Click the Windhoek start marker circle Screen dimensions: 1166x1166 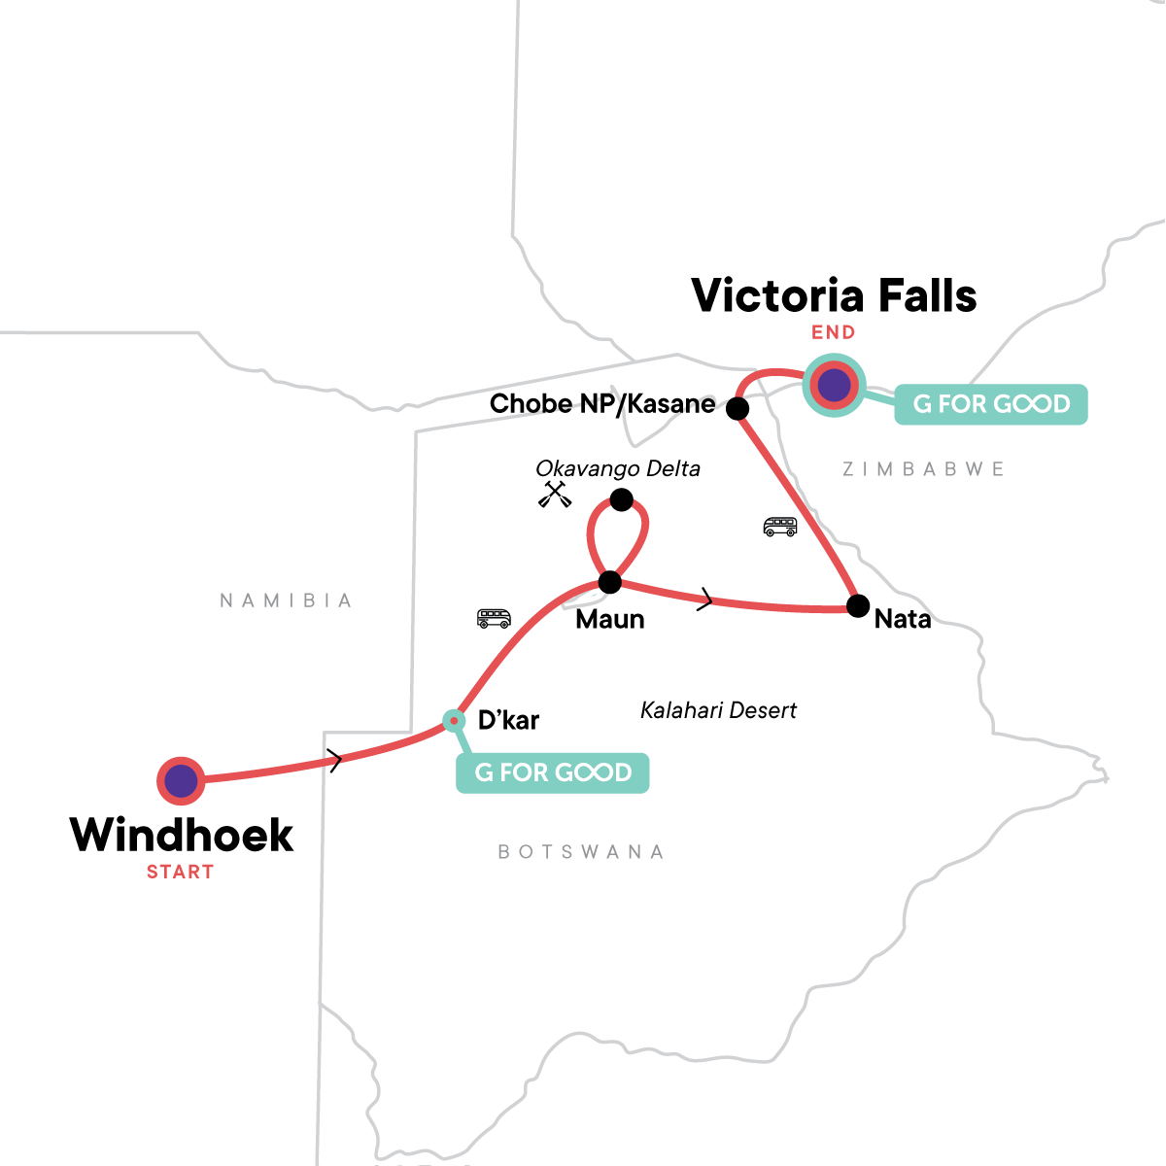click(181, 779)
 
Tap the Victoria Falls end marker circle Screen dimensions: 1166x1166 click(834, 386)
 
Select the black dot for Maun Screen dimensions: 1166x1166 click(609, 582)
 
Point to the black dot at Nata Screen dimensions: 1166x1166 click(858, 606)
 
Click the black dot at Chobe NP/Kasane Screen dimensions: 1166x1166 click(737, 409)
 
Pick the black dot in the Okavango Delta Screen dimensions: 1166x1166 click(621, 500)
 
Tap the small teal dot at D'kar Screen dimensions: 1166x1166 click(453, 720)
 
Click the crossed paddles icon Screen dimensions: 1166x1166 click(555, 495)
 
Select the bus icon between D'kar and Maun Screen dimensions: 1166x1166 click(494, 618)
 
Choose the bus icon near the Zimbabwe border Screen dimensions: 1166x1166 click(780, 527)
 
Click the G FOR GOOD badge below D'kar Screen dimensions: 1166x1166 click(552, 772)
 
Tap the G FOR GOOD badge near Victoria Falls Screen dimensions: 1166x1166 click(990, 404)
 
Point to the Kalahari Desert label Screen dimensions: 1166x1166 click(718, 710)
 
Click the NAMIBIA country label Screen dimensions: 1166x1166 click(286, 600)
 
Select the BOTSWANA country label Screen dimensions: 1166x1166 click(581, 852)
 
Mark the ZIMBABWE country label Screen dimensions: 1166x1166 click(923, 469)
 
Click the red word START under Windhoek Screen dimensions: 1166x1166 click(180, 872)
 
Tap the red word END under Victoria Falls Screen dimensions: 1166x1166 click(833, 332)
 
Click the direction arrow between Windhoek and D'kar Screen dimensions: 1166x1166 click(335, 761)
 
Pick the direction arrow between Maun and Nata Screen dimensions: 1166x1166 click(706, 601)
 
